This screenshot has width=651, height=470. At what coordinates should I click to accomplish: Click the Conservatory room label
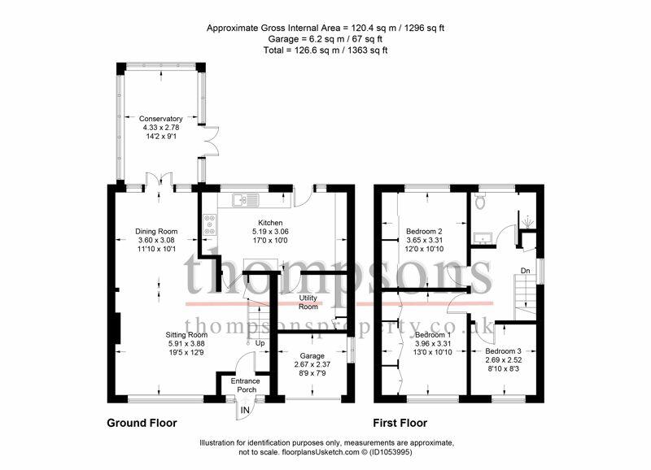point(160,119)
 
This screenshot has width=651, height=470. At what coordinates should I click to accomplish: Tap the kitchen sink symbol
point(246,200)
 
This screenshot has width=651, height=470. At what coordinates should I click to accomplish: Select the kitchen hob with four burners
point(209,224)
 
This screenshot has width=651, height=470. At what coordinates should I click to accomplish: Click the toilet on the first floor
point(480,200)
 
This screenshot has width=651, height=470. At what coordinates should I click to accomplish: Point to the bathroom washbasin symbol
point(483,238)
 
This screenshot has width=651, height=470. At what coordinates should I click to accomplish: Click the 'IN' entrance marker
point(246,411)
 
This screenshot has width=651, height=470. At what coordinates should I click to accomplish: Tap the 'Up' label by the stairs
point(260,343)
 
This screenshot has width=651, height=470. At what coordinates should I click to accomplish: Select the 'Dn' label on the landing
point(526,271)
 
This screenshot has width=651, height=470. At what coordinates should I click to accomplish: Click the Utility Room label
point(308,302)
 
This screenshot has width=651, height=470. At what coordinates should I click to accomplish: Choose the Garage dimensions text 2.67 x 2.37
point(312,364)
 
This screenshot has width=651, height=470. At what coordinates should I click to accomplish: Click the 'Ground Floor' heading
point(142,423)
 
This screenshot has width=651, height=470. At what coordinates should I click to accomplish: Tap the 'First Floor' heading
point(400,423)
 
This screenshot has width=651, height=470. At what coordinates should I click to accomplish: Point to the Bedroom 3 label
point(504,351)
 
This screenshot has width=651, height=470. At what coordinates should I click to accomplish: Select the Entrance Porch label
point(246,385)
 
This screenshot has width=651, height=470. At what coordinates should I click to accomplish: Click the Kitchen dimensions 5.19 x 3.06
point(270,232)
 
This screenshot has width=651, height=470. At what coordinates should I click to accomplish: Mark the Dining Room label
point(156,232)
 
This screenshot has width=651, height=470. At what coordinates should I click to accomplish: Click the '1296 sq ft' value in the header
point(424,28)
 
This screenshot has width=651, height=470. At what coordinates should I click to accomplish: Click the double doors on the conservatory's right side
point(212,141)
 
